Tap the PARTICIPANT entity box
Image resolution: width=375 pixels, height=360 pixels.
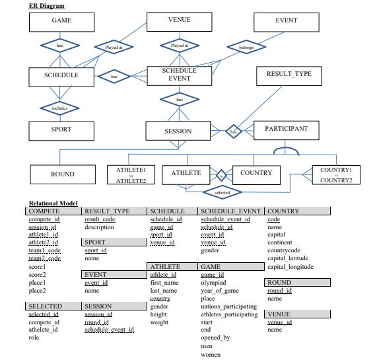click(286, 129)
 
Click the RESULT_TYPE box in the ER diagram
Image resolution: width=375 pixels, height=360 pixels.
click(289, 75)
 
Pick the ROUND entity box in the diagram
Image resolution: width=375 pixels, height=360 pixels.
click(62, 174)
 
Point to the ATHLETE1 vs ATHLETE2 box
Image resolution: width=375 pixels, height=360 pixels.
click(131, 175)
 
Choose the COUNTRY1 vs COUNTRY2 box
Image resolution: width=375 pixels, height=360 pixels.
click(336, 175)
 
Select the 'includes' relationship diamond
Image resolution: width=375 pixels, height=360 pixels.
click(60, 108)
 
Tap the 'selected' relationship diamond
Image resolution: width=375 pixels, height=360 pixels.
click(222, 193)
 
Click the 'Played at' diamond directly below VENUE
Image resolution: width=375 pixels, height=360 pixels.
click(179, 46)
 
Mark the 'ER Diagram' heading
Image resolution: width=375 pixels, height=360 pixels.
click(47, 5)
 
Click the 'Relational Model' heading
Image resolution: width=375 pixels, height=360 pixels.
click(53, 203)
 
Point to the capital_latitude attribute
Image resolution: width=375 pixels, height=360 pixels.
click(289, 259)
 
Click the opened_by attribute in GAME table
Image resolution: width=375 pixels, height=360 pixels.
click(215, 338)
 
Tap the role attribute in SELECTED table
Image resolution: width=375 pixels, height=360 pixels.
click(34, 338)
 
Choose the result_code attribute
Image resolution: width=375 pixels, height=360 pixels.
click(100, 219)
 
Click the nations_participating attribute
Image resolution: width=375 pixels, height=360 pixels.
click(228, 306)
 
